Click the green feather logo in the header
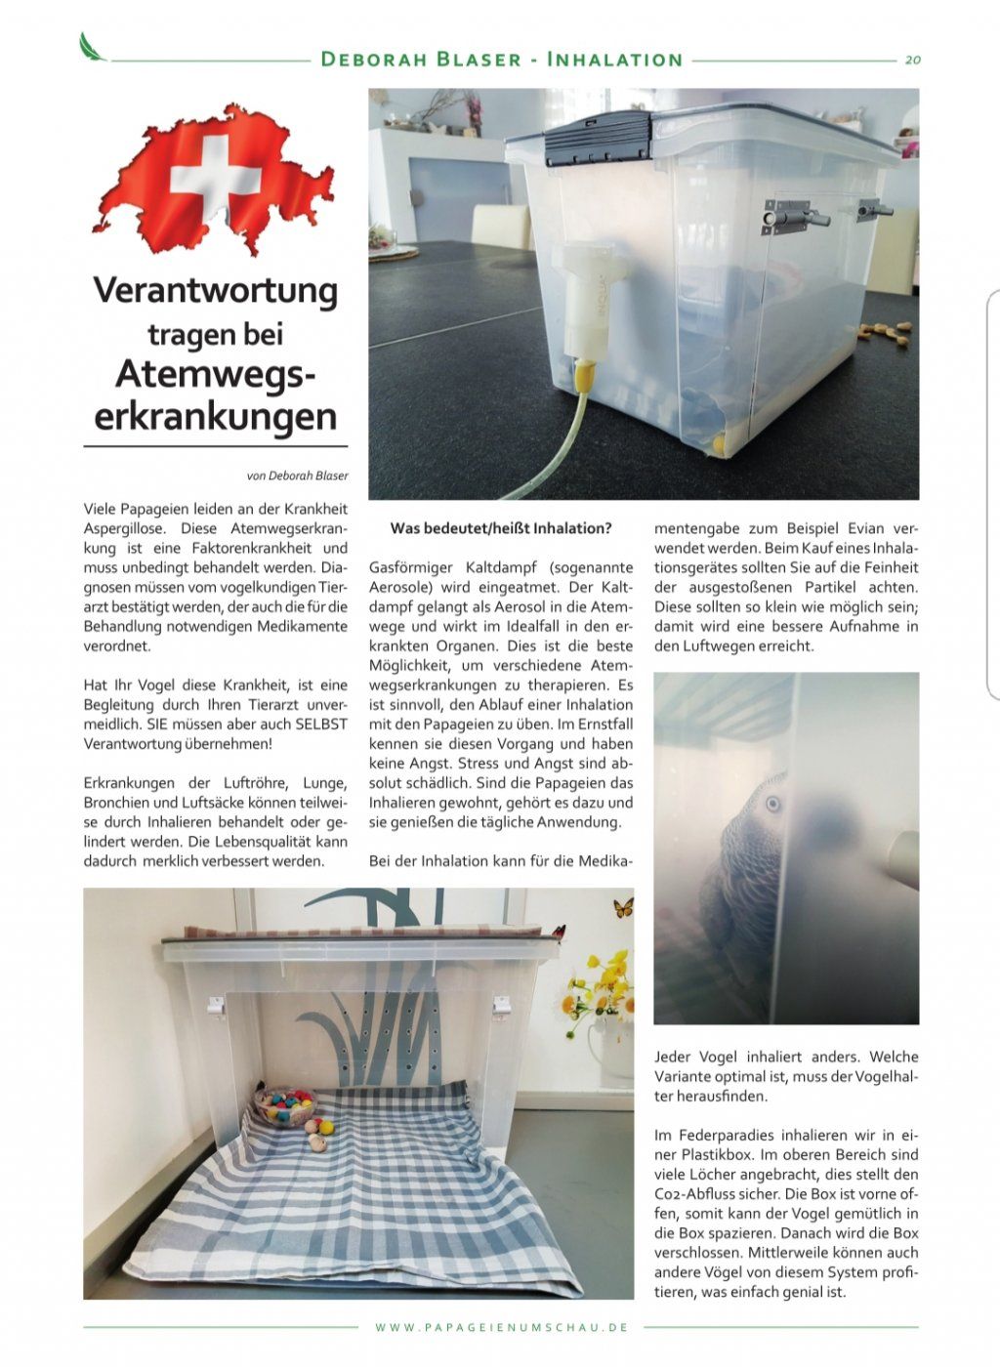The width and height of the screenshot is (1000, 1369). tap(93, 46)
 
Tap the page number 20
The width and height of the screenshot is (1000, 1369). tap(913, 60)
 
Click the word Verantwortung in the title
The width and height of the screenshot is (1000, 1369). tap(215, 290)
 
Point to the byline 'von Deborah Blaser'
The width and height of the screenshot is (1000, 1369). tap(297, 477)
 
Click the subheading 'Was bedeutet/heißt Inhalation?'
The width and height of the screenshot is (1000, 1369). tap(501, 528)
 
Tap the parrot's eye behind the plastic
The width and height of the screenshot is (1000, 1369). tap(773, 805)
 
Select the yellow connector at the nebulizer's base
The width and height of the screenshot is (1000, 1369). tap(584, 373)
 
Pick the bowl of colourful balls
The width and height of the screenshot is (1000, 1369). tap(286, 1105)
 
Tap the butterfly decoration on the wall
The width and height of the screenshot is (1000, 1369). tap(622, 908)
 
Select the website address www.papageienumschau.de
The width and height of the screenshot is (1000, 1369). tap(501, 1328)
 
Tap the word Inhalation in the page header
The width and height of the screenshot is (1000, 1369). tap(614, 60)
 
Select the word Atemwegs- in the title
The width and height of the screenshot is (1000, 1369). tap(215, 373)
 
